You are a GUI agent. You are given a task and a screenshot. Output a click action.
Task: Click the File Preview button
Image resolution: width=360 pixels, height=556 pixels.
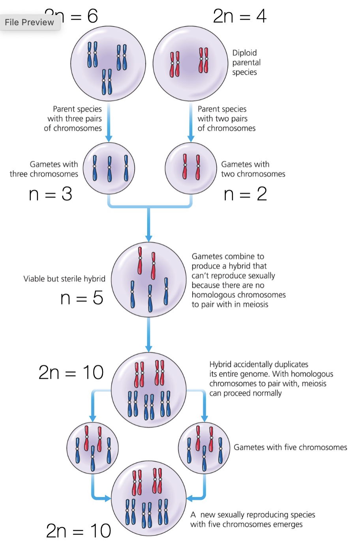pyautogui.click(x=30, y=23)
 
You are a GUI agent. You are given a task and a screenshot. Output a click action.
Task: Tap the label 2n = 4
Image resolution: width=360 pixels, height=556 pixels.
pyautogui.click(x=240, y=16)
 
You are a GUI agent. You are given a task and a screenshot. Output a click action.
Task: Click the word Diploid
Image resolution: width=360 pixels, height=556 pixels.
pyautogui.click(x=244, y=53)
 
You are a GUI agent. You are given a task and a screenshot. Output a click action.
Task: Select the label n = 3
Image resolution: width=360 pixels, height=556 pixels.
pyautogui.click(x=51, y=194)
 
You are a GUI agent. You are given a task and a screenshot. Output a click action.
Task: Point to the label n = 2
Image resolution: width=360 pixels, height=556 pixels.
pyautogui.click(x=245, y=194)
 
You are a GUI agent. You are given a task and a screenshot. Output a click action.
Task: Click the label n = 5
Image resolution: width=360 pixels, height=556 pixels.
pyautogui.click(x=82, y=298)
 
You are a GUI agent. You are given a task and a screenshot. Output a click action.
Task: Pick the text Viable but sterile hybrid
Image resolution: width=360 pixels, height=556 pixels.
pyautogui.click(x=64, y=279)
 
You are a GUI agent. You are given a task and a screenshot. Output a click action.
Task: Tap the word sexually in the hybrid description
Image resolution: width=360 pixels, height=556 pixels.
pyautogui.click(x=260, y=276)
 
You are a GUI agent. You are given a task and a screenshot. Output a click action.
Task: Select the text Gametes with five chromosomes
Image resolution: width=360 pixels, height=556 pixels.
pyautogui.click(x=290, y=447)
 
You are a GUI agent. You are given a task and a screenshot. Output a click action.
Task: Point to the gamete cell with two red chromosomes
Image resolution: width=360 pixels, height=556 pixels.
pyautogui.click(x=191, y=168)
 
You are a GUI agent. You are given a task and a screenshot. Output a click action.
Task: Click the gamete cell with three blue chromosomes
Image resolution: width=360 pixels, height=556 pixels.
pyautogui.click(x=109, y=168)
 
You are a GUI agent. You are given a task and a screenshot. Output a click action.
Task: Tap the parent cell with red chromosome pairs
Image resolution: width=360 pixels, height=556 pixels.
pyautogui.click(x=191, y=64)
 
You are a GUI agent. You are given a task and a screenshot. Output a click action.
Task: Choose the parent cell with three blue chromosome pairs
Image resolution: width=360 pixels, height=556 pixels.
pyautogui.click(x=108, y=64)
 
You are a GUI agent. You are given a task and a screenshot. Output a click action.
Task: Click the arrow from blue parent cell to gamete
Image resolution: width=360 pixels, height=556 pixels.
pyautogui.click(x=109, y=122)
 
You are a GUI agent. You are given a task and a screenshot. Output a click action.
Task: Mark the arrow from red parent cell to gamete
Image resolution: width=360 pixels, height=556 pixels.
pyautogui.click(x=191, y=122)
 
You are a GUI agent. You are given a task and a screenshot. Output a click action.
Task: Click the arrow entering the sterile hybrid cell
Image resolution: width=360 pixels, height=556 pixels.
pyautogui.click(x=149, y=225)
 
